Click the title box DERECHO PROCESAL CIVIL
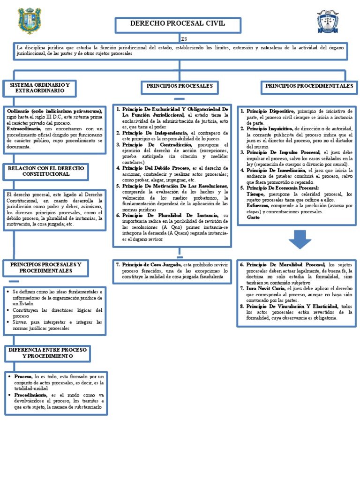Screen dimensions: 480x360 click(x=178, y=24)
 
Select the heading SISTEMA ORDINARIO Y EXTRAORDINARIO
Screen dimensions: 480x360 click(x=36, y=88)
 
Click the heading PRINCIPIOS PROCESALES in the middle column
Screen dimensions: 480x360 click(x=179, y=86)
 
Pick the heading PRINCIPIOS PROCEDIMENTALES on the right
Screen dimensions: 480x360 click(x=308, y=86)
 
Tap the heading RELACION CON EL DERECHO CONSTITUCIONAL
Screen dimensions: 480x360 click(x=46, y=171)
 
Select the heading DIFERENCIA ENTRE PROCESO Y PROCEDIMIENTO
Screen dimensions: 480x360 click(x=48, y=353)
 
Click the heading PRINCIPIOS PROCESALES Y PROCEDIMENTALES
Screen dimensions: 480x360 click(x=46, y=268)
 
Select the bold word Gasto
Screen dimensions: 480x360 click(x=253, y=218)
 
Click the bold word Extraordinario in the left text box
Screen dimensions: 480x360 click(x=23, y=128)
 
